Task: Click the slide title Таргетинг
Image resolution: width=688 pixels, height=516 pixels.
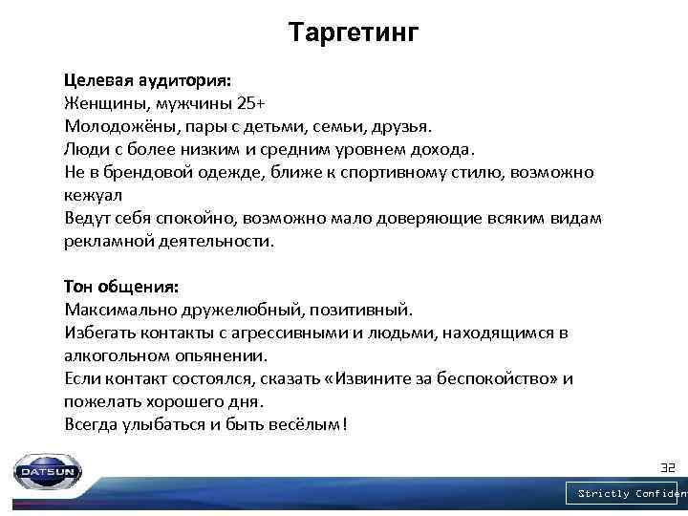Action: [x=354, y=34]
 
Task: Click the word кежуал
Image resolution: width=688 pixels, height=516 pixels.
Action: [x=91, y=196]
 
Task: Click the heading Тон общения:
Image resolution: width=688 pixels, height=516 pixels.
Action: [x=121, y=287]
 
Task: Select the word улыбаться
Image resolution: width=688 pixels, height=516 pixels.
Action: [x=154, y=424]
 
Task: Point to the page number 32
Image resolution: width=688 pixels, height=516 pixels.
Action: [x=668, y=468]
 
